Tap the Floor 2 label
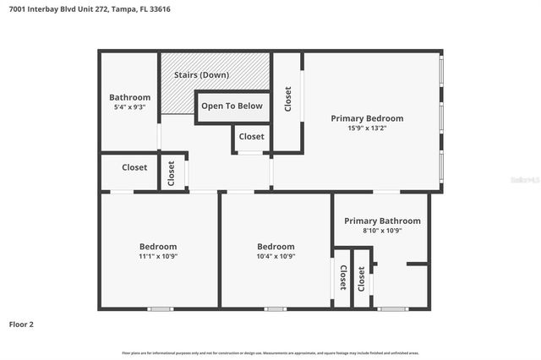(22, 324)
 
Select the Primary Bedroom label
(367, 118)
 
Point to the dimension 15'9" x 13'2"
(367, 128)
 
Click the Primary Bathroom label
(382, 221)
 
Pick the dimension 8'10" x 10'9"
(382, 231)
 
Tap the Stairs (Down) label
(201, 75)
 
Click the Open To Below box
(232, 106)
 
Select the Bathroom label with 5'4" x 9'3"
(129, 97)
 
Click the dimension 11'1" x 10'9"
(158, 256)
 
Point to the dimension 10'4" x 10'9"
(276, 256)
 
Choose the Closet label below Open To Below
(251, 136)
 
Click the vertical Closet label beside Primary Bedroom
(288, 99)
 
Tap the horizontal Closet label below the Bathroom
(134, 167)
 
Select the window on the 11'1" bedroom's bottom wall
(160, 309)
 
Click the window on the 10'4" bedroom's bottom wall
(276, 309)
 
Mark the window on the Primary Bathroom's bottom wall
(392, 309)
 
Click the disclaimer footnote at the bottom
(270, 352)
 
